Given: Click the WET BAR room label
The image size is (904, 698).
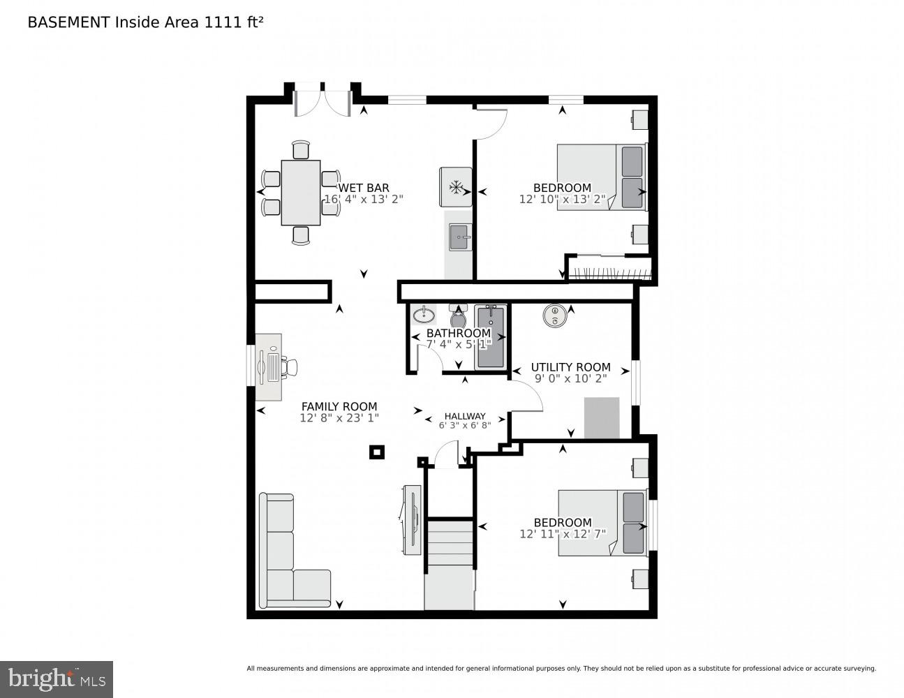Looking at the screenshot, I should pos(364,188).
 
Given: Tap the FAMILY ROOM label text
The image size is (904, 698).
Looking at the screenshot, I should pos(339,406).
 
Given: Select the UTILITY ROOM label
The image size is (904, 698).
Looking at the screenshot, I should pos(570,367).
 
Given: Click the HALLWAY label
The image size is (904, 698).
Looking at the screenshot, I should pos(465,416).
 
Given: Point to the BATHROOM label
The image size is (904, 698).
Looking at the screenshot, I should pos(459,333).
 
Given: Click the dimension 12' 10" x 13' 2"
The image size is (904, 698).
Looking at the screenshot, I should pos(562,199).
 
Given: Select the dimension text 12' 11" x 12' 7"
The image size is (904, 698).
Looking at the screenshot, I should pos(563,534).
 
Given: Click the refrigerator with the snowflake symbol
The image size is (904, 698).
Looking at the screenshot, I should pos(456,187).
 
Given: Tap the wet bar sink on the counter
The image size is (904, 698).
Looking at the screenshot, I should pos(459,237).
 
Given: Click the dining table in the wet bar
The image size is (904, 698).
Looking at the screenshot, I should pos(301,193).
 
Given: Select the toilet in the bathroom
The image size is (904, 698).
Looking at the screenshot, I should pos(459,317).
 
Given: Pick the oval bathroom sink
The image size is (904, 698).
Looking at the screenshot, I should pos(424,315).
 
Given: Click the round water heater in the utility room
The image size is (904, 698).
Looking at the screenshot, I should pos(554,315).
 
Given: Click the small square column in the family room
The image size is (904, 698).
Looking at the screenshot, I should pos(376,452).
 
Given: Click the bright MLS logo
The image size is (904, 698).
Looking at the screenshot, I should pos(57,679).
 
